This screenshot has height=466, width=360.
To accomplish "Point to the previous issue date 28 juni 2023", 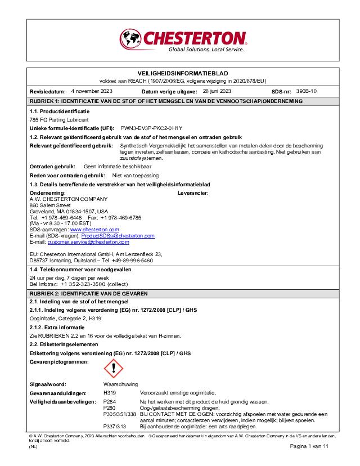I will tap(217, 91).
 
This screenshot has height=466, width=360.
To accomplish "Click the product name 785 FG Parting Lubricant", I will tap(59, 120).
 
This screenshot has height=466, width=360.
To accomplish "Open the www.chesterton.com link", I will tap(94, 230).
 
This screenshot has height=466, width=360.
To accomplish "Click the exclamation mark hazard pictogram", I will tap(114, 369).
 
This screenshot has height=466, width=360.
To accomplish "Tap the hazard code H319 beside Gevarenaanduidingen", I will tap(111, 392).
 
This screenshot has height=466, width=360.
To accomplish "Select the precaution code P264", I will tap(110, 402).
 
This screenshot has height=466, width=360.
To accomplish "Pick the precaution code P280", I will tap(110, 407).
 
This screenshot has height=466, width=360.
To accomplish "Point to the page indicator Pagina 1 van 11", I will tap(309, 446).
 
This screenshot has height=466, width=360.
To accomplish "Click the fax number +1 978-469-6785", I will tap(121, 217).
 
